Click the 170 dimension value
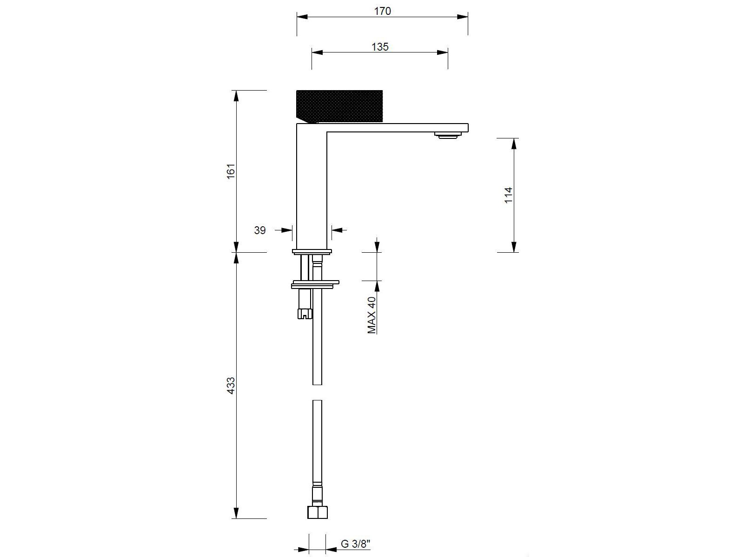coord(383,11)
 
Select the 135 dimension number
coord(380,47)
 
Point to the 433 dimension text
coord(231,386)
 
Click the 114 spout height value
coord(508,195)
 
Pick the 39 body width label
coord(260,230)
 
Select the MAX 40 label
coord(371,315)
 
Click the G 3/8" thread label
coord(356,544)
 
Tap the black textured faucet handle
coord(338,105)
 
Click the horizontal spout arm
coord(395,128)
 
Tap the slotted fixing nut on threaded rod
coord(305,313)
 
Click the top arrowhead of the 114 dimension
coord(514,143)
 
